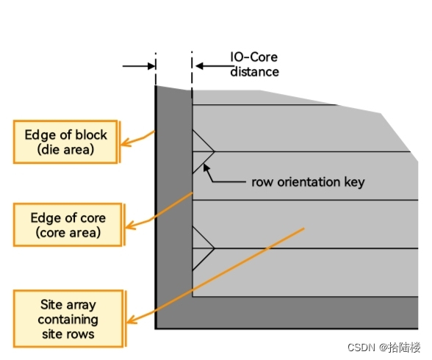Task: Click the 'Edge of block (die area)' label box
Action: (x=65, y=143)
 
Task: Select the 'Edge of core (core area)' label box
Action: (x=67, y=226)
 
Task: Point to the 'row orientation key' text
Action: (x=307, y=181)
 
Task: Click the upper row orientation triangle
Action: (x=201, y=151)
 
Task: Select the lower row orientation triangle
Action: (x=201, y=249)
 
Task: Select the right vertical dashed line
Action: (x=192, y=73)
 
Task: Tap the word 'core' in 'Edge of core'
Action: (x=91, y=218)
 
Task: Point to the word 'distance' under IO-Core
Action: (x=254, y=72)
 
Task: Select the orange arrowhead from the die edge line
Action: (x=126, y=144)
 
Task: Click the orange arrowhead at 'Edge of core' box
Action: (x=129, y=225)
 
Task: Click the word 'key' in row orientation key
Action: (x=353, y=181)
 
